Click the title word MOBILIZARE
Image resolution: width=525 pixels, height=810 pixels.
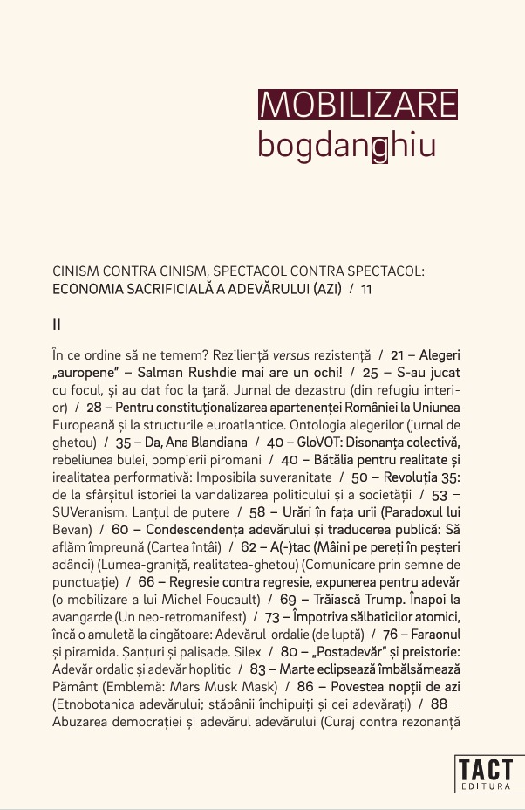coord(358,105)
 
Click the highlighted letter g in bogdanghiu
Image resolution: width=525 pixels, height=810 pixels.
coord(379,146)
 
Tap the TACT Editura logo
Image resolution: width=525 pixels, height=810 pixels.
coord(488,773)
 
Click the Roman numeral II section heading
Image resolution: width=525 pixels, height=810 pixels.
coord(57,324)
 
